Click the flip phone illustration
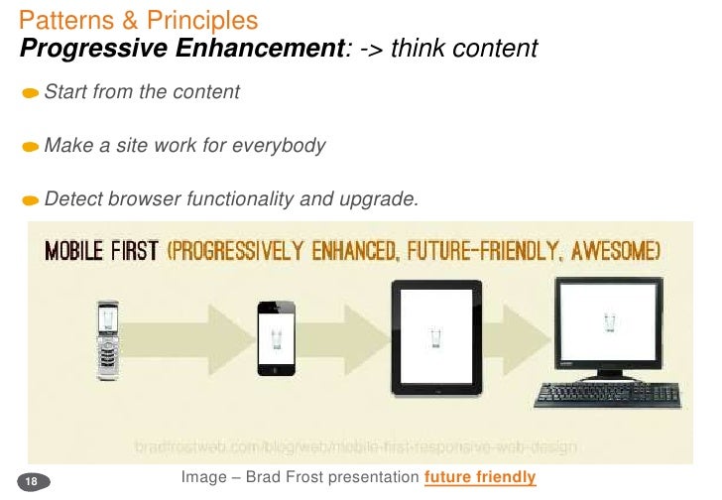(x=111, y=340)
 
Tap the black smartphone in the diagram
(x=276, y=337)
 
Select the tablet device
(x=435, y=335)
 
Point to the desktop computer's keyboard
(x=608, y=394)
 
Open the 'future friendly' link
(x=480, y=478)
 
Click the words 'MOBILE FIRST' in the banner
(x=101, y=251)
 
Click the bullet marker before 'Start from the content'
(x=31, y=93)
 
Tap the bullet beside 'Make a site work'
(x=31, y=148)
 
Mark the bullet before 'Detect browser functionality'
(x=31, y=200)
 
